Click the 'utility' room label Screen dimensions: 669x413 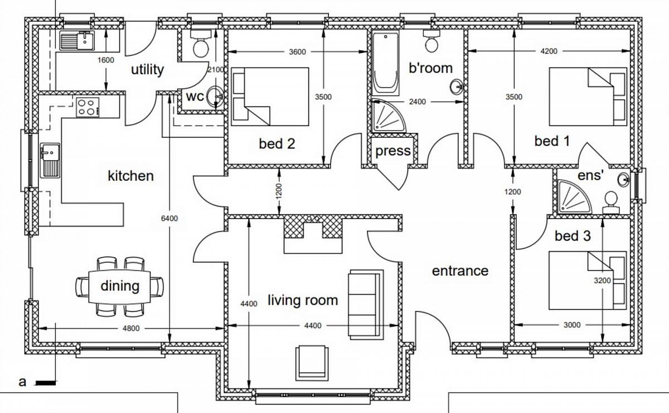[x=148, y=70]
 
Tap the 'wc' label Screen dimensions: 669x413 [x=195, y=97]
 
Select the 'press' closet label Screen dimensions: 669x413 [x=392, y=151]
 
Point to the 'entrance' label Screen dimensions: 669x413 [x=460, y=271]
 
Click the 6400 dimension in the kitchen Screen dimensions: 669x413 [x=169, y=218]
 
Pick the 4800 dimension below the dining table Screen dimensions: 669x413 [x=131, y=328]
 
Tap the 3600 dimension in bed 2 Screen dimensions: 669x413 [x=297, y=52]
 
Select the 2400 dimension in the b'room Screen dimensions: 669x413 [x=417, y=102]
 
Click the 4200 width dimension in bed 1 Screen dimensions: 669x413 [x=549, y=51]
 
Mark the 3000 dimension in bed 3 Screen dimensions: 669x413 [x=572, y=325]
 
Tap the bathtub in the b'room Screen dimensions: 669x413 [x=386, y=64]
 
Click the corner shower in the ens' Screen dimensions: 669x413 [x=574, y=196]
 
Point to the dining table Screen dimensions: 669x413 [x=119, y=286]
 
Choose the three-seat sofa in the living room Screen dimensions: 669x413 [x=366, y=304]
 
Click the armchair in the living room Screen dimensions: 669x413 [x=312, y=363]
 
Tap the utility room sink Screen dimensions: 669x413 [x=77, y=40]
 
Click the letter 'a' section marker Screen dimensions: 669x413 [x=22, y=382]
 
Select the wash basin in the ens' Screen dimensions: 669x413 [x=623, y=180]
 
